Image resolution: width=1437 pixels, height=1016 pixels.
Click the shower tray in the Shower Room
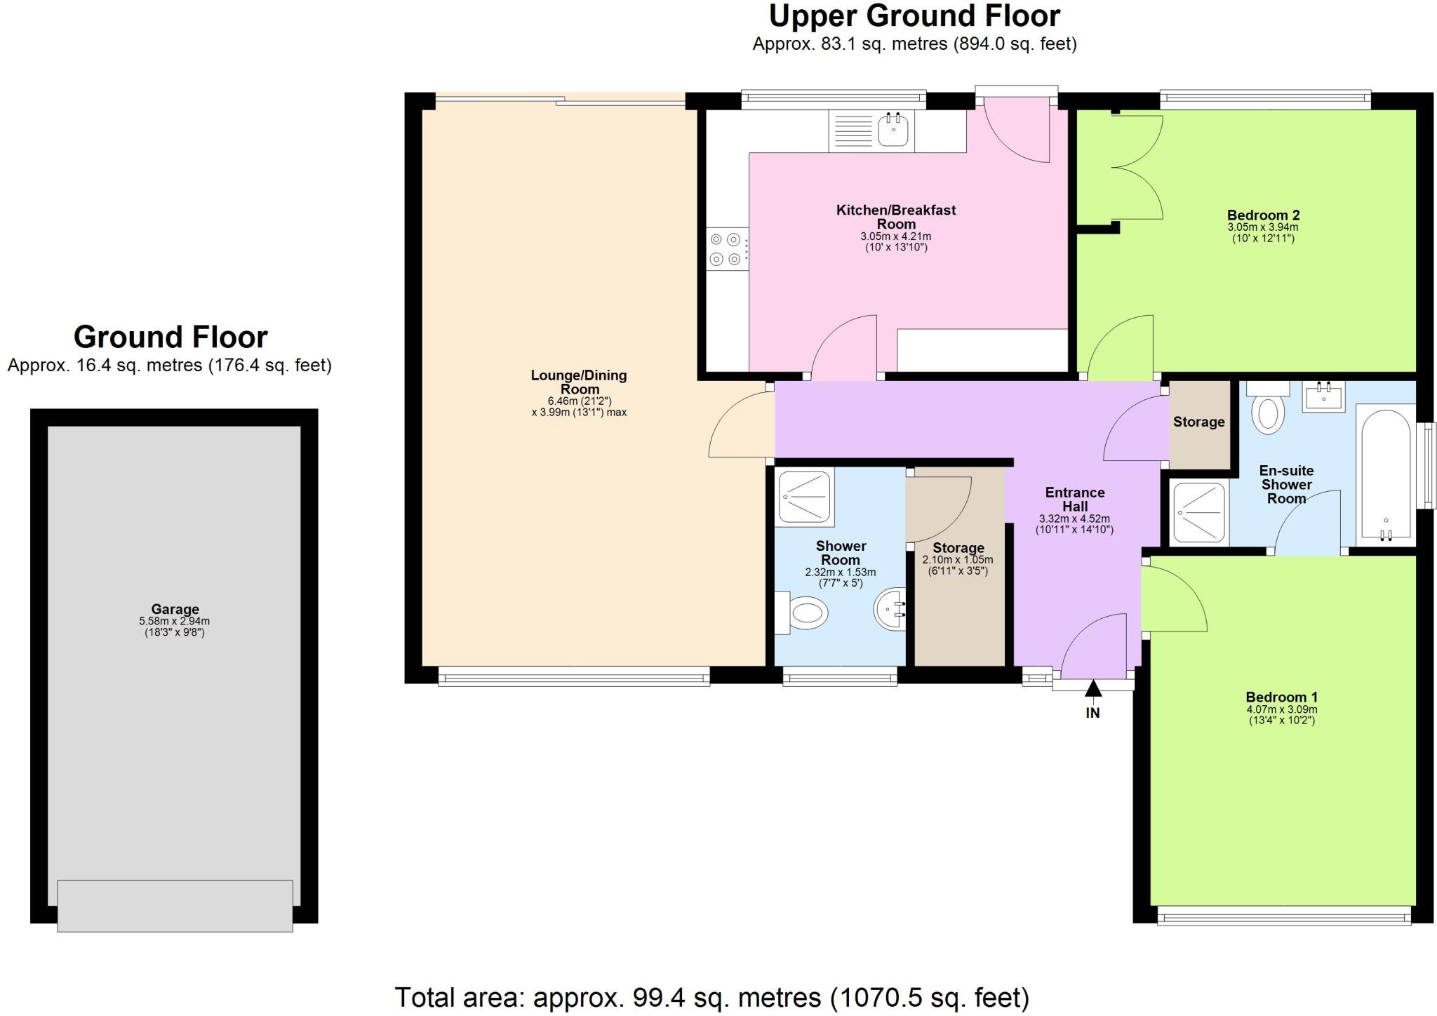[806, 497]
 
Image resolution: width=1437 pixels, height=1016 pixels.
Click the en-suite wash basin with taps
[1324, 397]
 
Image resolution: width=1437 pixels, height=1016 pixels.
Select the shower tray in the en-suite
[1199, 512]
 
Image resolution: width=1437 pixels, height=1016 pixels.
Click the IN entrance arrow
[1092, 690]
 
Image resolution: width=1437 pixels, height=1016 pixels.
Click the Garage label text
[175, 609]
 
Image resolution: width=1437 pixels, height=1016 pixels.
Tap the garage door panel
[175, 905]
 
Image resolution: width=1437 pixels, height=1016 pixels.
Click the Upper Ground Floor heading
[914, 15]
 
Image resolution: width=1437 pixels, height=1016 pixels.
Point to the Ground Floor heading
[171, 337]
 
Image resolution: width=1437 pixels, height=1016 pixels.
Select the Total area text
[711, 997]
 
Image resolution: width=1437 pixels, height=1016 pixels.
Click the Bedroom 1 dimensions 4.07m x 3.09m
[1281, 709]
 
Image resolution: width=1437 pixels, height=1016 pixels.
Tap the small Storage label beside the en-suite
[1198, 422]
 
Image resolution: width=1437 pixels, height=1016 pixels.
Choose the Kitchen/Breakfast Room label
[896, 217]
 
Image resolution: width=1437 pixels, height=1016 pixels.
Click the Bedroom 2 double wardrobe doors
[1137, 168]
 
